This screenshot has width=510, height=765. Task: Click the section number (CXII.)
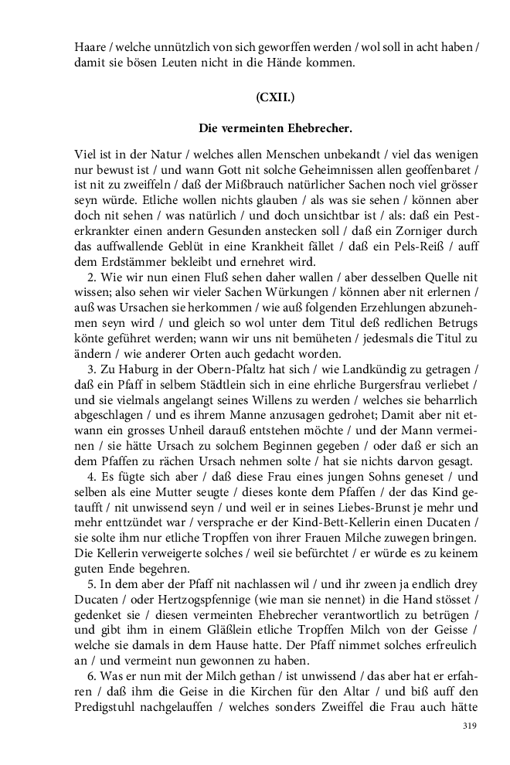(274, 97)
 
